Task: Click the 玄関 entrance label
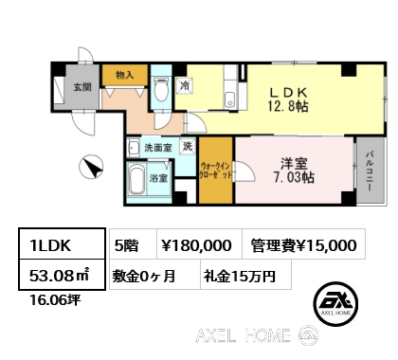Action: tap(82, 87)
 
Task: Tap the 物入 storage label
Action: tap(125, 75)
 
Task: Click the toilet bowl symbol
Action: tap(161, 90)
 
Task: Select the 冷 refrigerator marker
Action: tap(185, 85)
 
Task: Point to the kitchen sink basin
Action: tap(229, 100)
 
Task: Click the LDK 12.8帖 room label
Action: tap(288, 99)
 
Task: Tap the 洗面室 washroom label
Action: tap(157, 148)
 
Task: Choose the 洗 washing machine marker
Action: tap(188, 146)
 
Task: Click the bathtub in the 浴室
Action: tap(136, 180)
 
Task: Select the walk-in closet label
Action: tap(215, 171)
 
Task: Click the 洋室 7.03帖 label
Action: tap(294, 171)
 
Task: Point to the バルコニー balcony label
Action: tap(370, 171)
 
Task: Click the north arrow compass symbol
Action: tap(91, 167)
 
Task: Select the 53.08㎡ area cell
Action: tap(62, 275)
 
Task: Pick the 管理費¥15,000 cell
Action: tap(304, 244)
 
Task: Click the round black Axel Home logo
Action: tap(335, 304)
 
